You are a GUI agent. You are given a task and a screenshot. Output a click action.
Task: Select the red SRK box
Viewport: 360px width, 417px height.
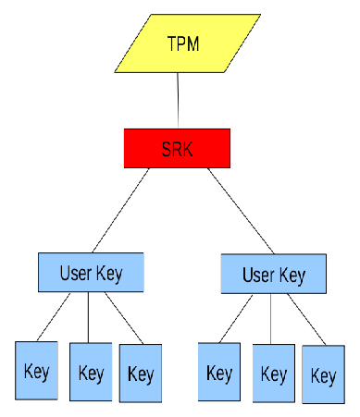tap(176, 148)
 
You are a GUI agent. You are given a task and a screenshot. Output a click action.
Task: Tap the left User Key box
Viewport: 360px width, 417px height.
tap(92, 273)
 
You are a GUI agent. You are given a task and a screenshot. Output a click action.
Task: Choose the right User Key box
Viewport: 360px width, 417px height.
tap(275, 275)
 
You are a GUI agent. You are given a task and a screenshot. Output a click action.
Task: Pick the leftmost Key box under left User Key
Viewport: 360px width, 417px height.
tap(36, 371)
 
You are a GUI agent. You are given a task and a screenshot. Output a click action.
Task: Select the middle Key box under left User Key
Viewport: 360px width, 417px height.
tap(91, 373)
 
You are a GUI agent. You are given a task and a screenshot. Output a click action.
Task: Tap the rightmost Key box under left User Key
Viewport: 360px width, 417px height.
tap(141, 374)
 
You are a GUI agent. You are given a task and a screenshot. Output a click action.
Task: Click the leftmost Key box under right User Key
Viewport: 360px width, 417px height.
tap(219, 373)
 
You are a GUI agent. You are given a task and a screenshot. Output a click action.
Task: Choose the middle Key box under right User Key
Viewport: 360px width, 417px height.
tap(273, 374)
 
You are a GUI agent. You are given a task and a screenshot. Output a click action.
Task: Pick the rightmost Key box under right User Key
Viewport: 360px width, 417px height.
tap(323, 375)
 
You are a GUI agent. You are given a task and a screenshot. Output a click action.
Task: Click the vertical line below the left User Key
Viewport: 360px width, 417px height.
tap(88, 317)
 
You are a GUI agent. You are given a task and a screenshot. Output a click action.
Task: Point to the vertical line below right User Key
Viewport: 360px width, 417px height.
tap(271, 319)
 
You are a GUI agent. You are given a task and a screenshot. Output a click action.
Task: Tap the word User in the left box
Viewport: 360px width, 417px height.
tap(76, 274)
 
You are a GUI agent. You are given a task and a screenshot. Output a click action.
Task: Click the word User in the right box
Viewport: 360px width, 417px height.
tap(259, 275)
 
